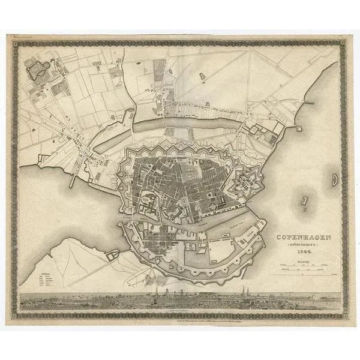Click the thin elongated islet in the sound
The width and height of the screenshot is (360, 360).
(306, 204)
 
